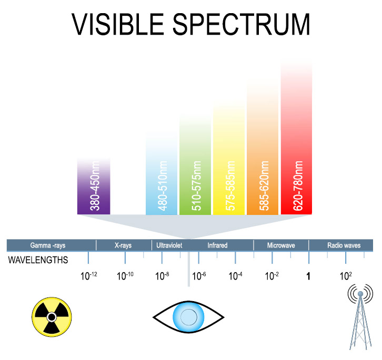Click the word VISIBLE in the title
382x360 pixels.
[118, 24]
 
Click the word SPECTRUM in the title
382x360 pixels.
[242, 24]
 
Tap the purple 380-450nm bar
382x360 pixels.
[94, 186]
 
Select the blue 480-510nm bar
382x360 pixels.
[162, 174]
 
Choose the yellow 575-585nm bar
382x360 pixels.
[229, 159]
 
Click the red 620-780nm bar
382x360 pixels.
[296, 139]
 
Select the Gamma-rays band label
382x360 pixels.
[48, 245]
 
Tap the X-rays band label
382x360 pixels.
[123, 245]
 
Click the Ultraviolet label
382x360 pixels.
[169, 245]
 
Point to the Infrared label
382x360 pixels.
[217, 245]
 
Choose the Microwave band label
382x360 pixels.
[281, 245]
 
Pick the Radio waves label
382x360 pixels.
[344, 245]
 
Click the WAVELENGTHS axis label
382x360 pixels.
[38, 260]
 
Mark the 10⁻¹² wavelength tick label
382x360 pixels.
[89, 276]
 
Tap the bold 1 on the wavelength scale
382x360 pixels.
[308, 276]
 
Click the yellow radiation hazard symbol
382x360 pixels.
[52, 317]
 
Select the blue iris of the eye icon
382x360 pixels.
[188, 317]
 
